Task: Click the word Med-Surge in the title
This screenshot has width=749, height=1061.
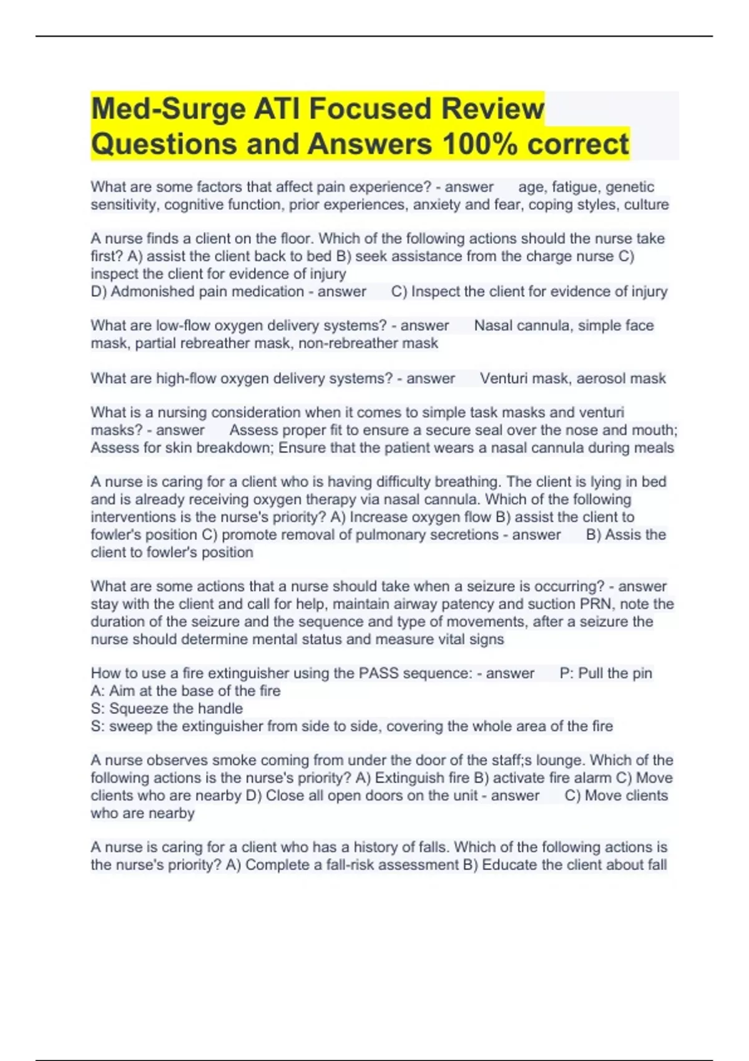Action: coord(168,109)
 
